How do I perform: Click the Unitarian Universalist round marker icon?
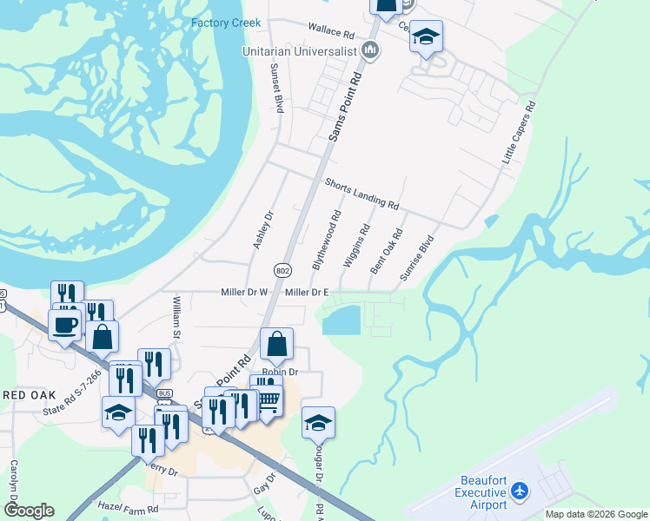(370, 50)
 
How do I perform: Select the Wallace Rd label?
(331, 32)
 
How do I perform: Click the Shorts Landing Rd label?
(361, 194)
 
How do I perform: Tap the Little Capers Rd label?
(519, 133)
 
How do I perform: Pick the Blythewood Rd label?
(326, 238)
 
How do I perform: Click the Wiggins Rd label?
(356, 245)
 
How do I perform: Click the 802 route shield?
(282, 271)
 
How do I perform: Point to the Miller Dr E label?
(307, 293)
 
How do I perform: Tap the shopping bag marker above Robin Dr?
(276, 345)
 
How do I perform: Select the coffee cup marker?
(65, 326)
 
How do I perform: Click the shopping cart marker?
(269, 399)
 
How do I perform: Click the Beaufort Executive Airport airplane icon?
(520, 491)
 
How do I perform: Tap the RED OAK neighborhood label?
(28, 395)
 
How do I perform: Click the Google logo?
(29, 511)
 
